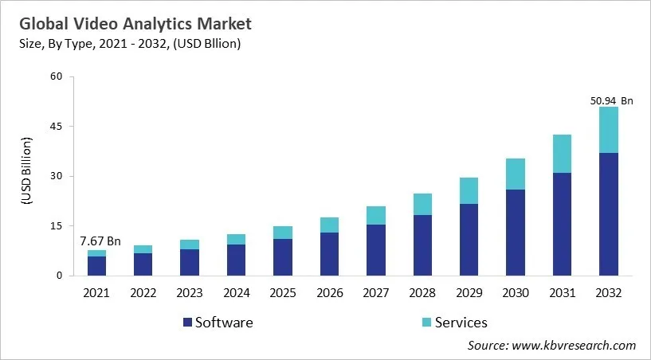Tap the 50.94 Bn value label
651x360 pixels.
[x=610, y=101]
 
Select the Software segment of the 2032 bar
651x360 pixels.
[x=609, y=214]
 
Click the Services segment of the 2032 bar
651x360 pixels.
[x=609, y=130]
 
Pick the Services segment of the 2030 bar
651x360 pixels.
[x=516, y=174]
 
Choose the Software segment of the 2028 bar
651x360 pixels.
[x=422, y=245]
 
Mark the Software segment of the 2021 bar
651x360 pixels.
[x=96, y=266]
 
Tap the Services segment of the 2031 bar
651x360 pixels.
[x=563, y=154]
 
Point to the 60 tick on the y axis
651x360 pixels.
[x=56, y=77]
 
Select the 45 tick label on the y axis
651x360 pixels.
[x=56, y=127]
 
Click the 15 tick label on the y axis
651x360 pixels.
[x=56, y=226]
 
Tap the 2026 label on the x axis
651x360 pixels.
[x=329, y=292]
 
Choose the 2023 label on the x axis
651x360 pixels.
[x=190, y=292]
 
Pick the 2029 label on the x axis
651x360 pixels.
[x=469, y=292]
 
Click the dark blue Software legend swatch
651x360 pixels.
[x=187, y=323]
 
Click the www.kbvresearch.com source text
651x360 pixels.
[x=574, y=345]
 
